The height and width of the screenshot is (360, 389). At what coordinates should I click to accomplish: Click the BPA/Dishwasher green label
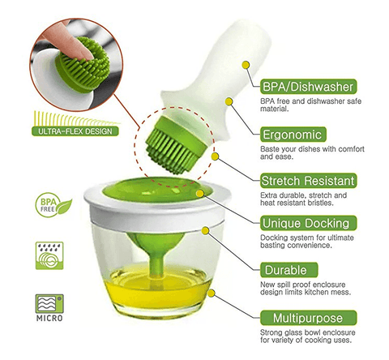pyautogui.click(x=308, y=87)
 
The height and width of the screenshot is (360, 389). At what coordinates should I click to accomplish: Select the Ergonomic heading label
pyautogui.click(x=293, y=135)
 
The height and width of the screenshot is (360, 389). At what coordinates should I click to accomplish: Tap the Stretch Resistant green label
pyautogui.click(x=308, y=181)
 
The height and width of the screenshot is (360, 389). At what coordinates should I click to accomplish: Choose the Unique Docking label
pyautogui.click(x=308, y=223)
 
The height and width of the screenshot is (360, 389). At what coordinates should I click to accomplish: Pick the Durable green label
pyautogui.click(x=289, y=270)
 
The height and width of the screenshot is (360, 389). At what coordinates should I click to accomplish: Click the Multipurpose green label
pyautogui.click(x=308, y=318)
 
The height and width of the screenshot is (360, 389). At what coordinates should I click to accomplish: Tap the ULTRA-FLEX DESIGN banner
pyautogui.click(x=75, y=131)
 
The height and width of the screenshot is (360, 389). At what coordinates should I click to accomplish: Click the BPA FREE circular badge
pyautogui.click(x=53, y=205)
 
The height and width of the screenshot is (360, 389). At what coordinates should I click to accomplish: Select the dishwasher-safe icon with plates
pyautogui.click(x=49, y=255)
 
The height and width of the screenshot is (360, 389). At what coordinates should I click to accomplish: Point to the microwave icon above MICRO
pyautogui.click(x=49, y=304)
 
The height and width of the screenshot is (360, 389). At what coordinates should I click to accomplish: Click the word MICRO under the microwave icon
pyautogui.click(x=49, y=318)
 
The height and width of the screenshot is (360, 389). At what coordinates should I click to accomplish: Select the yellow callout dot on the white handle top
pyautogui.click(x=246, y=65)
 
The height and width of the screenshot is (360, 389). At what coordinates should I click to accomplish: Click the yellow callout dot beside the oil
pyautogui.click(x=212, y=294)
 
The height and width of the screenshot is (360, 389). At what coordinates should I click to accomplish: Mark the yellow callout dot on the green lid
pyautogui.click(x=200, y=194)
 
